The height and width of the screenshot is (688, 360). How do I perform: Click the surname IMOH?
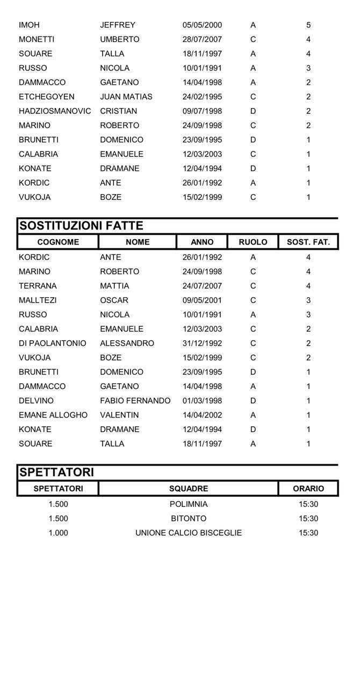tap(29, 25)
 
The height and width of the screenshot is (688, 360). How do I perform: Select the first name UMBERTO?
tap(119, 39)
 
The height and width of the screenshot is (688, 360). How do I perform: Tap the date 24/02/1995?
tap(202, 97)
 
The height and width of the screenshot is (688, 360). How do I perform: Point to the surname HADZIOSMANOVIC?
tap(55, 111)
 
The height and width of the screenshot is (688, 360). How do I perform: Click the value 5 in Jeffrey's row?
tap(308, 25)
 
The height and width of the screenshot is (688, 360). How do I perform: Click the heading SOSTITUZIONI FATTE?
tap(81, 226)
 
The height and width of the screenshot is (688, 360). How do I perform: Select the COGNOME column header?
tap(58, 242)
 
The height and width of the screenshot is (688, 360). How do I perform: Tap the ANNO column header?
tap(202, 242)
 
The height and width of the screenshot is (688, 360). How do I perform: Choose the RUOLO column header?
tap(253, 242)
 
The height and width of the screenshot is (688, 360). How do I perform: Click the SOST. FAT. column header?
tap(308, 242)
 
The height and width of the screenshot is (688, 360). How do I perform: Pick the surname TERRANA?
tap(38, 286)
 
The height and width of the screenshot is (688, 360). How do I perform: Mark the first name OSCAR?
tap(114, 300)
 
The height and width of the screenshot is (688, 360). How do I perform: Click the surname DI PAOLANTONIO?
tap(52, 343)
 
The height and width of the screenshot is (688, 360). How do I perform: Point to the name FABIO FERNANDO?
tap(135, 401)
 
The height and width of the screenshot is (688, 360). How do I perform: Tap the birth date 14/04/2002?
tap(202, 415)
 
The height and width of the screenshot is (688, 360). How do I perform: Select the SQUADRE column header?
tap(189, 489)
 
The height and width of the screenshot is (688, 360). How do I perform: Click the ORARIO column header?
tap(308, 489)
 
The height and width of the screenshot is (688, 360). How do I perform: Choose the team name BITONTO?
tap(189, 519)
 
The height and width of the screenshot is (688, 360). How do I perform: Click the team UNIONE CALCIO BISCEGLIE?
tap(189, 533)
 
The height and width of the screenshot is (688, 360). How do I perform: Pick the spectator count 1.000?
tap(58, 533)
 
